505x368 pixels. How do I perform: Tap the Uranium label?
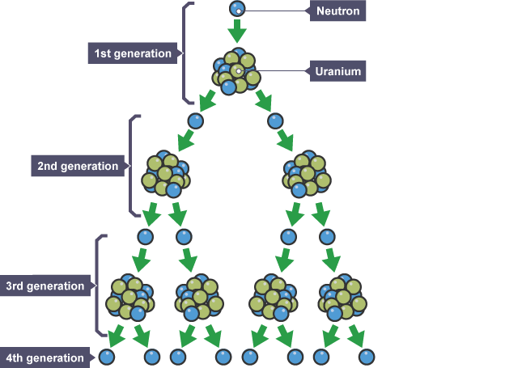pyautogui.click(x=337, y=71)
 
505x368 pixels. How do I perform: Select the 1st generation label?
pyautogui.click(x=132, y=53)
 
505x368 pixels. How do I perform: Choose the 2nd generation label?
pyautogui.click(x=78, y=166)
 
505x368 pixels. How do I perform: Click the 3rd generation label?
pyautogui.click(x=45, y=286)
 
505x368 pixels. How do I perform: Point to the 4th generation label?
pyautogui.click(x=45, y=357)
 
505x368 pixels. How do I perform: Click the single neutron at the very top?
pyautogui.click(x=236, y=9)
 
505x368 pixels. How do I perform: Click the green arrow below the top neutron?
pyautogui.click(x=236, y=32)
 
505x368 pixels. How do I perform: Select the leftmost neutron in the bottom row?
pyautogui.click(x=107, y=356)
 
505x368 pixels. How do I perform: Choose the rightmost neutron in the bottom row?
pyautogui.click(x=367, y=356)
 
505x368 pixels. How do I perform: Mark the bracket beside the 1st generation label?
pyautogui.click(x=187, y=53)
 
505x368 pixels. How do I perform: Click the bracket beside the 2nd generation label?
pyautogui.click(x=133, y=166)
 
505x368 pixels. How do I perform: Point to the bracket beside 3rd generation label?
pyautogui.click(x=99, y=286)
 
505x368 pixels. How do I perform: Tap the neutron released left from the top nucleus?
pyautogui.click(x=195, y=121)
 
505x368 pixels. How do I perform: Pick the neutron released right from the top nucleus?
pyautogui.click(x=276, y=121)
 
